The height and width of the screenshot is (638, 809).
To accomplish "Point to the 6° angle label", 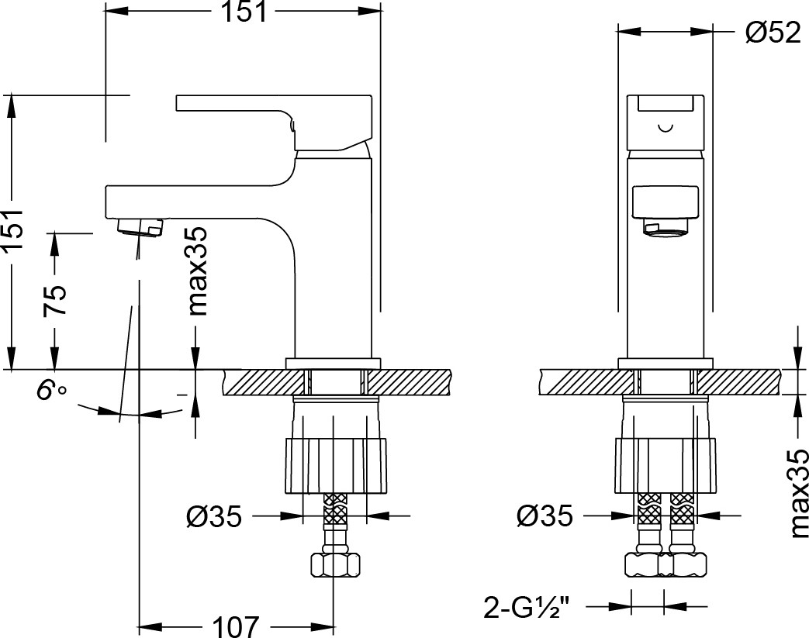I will [x=51, y=391].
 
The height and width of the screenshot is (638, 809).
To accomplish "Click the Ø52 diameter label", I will [x=772, y=33].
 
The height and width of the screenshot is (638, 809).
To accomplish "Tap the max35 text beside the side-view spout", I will [x=197, y=271].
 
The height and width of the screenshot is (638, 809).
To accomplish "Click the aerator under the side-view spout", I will [x=140, y=227].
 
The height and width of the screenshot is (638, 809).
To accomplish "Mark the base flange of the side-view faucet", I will [x=334, y=362].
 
